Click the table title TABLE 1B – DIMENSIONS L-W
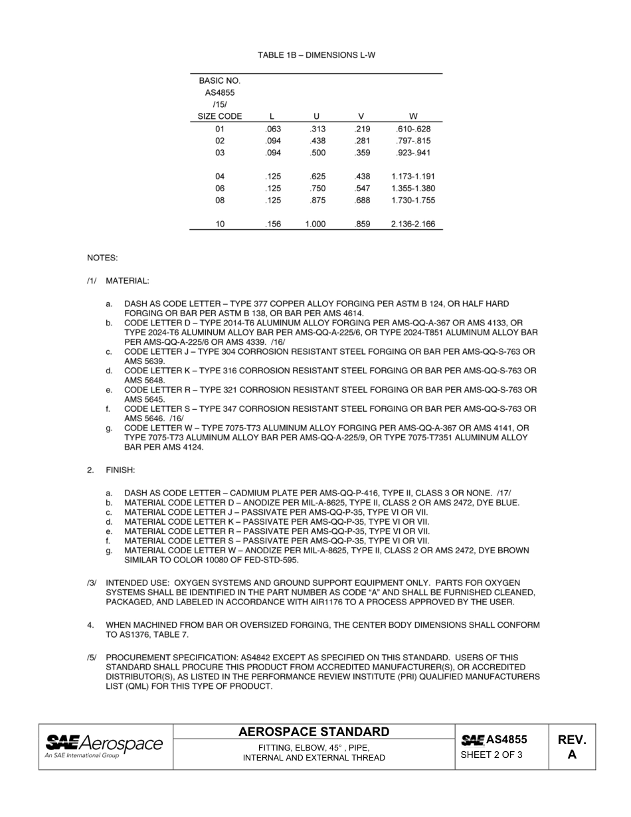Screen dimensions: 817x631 pyautogui.click(x=316, y=55)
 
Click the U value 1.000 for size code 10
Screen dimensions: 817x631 pyautogui.click(x=315, y=225)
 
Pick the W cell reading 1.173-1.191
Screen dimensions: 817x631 pyautogui.click(x=413, y=177)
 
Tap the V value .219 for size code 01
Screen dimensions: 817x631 pyautogui.click(x=363, y=129)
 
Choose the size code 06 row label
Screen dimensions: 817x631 pyautogui.click(x=220, y=189)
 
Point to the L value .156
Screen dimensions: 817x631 pyautogui.click(x=273, y=225)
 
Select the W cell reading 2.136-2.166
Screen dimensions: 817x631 pyautogui.click(x=413, y=225)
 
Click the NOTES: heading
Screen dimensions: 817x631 pyautogui.click(x=102, y=257)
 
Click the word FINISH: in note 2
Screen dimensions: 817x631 pyautogui.click(x=120, y=470)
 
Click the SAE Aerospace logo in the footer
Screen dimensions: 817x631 pyautogui.click(x=104, y=746)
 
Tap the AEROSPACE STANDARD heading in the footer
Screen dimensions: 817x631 pyautogui.click(x=314, y=732)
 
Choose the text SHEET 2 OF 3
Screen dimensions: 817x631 pyautogui.click(x=492, y=755)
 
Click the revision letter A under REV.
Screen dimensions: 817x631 pyautogui.click(x=572, y=755)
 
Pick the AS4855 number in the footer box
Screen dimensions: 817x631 pyautogui.click(x=506, y=739)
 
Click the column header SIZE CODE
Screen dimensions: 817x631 pyautogui.click(x=220, y=116)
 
